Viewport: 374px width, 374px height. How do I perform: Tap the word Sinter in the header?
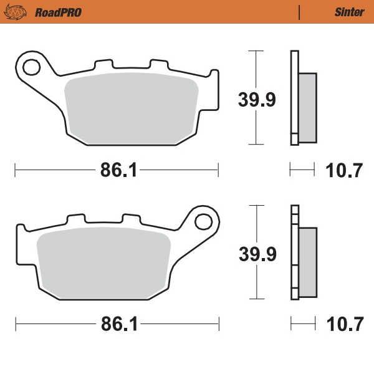click(345, 12)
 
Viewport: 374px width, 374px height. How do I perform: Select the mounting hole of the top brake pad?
click(31, 64)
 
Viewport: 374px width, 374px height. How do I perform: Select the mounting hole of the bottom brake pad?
click(203, 221)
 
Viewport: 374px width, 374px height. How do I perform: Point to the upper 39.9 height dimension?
click(256, 98)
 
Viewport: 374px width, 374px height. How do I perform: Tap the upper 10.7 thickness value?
click(345, 170)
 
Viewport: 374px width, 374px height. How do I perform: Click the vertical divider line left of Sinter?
click(300, 12)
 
